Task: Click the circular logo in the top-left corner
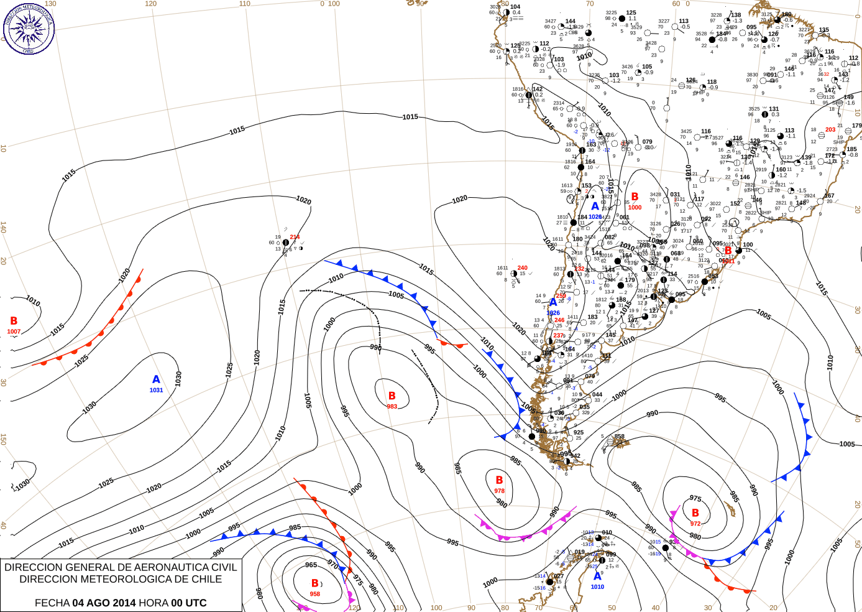(x=29, y=29)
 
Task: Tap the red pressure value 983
(x=392, y=407)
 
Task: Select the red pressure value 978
(x=500, y=491)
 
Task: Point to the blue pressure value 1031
(x=156, y=391)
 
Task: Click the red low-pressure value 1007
(x=14, y=331)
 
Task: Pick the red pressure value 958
(x=315, y=594)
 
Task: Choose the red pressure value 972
(x=695, y=524)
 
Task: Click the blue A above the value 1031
(x=156, y=379)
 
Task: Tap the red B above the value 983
(x=392, y=396)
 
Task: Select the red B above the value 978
(x=500, y=480)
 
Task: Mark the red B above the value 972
(x=695, y=513)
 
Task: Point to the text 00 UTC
(x=186, y=603)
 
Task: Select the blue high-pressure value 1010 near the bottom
(x=597, y=587)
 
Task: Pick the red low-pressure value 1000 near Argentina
(x=635, y=208)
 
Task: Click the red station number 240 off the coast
(x=523, y=268)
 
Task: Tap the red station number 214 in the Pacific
(x=295, y=237)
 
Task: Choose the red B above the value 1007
(x=14, y=321)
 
